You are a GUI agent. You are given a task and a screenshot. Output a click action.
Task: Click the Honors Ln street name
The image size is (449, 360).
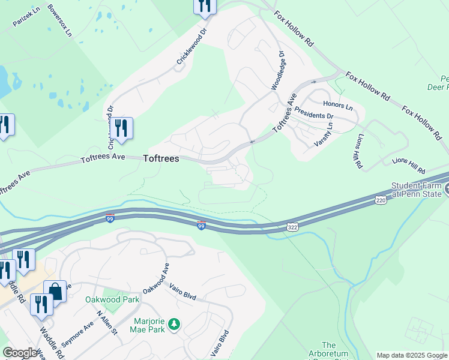pyautogui.click(x=337, y=105)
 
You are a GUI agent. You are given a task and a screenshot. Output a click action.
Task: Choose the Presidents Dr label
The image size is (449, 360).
pyautogui.click(x=314, y=115)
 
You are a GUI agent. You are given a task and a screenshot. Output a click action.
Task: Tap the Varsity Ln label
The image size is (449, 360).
pyautogui.click(x=323, y=135)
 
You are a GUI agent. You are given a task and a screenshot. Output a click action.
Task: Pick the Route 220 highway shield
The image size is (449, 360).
pyautogui.click(x=380, y=199)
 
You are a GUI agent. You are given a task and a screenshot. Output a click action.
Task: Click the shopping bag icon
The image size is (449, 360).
pyautogui.click(x=55, y=291)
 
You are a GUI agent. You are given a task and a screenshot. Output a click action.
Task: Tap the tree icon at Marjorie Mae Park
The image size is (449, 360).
pyautogui.click(x=174, y=325)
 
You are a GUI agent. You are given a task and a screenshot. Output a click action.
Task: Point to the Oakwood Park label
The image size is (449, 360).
pyautogui.click(x=121, y=299)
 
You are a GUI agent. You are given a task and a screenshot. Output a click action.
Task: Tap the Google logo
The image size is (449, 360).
pyautogui.click(x=19, y=353)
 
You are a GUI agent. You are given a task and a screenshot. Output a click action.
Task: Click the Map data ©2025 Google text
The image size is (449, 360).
pyautogui.click(x=411, y=355)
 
